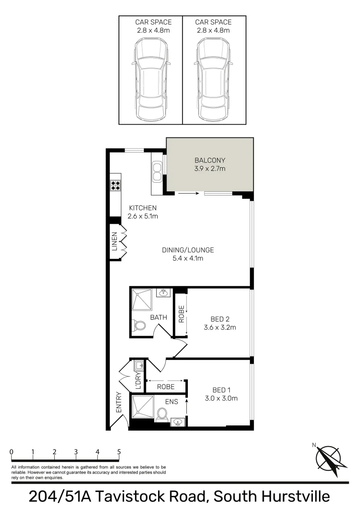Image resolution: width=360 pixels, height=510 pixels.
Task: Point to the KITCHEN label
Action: click(x=142, y=208)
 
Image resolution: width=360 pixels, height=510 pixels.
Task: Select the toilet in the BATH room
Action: click(x=139, y=325)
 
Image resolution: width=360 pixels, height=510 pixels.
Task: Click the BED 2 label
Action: click(x=219, y=318)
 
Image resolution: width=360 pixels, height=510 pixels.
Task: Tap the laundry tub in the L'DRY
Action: click(x=139, y=366)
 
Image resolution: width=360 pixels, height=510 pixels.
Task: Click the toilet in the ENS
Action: click(x=162, y=414)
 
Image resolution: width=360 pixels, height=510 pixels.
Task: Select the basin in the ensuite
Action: click(x=178, y=422)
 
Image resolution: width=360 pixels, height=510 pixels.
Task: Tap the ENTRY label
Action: click(x=118, y=403)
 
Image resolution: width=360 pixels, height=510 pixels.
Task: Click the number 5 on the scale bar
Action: click(x=119, y=451)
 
